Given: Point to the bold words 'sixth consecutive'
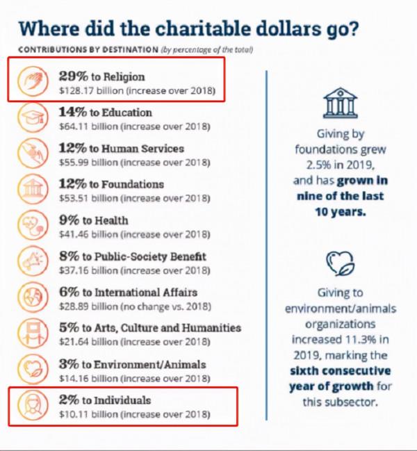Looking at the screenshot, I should (x=340, y=370).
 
